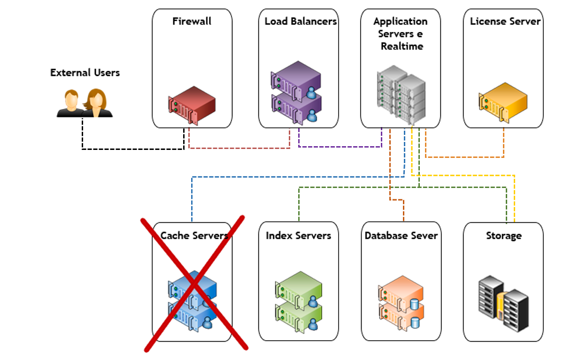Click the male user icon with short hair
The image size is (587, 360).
coord(71,102)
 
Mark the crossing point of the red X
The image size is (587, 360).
coord(195,283)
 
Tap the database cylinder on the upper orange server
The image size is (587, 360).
coord(414,304)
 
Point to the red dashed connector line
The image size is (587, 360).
coord(239,149)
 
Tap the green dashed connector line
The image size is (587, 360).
coord(357,187)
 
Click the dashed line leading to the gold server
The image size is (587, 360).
coord(465,157)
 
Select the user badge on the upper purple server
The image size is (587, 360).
coord(311,93)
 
